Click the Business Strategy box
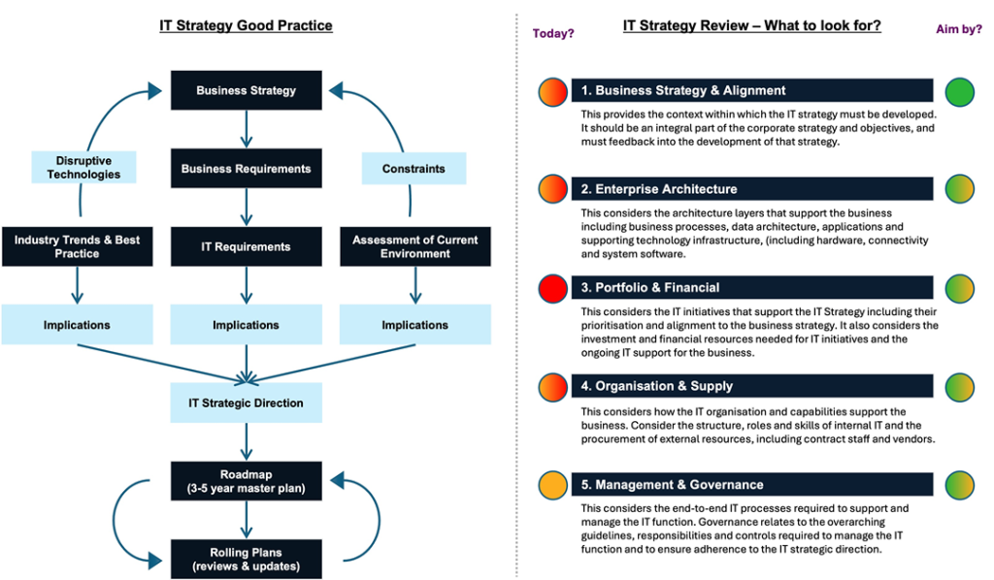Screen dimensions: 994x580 tap(246, 90)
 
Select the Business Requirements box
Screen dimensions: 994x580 tap(246, 169)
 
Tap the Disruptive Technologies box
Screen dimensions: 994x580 tap(83, 167)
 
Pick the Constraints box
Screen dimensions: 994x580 tap(414, 169)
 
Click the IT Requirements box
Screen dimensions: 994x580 tap(246, 246)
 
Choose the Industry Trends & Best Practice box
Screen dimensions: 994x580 tap(78, 246)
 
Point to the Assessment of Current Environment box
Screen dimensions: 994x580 tap(415, 246)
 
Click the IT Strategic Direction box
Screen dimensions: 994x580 tap(246, 403)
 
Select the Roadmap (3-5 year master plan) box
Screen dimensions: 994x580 tap(246, 481)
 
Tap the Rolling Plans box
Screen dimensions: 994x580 tap(246, 559)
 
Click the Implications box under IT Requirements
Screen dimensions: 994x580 tap(246, 324)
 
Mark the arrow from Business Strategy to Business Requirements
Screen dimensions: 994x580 tap(246, 129)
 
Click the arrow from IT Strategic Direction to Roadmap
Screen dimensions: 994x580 tap(246, 442)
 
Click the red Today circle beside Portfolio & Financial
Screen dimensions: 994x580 tap(552, 289)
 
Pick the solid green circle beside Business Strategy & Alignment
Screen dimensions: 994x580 tap(960, 92)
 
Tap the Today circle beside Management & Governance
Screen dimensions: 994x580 tap(552, 486)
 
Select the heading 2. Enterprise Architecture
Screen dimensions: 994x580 tap(659, 189)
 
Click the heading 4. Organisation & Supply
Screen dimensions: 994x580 tap(657, 386)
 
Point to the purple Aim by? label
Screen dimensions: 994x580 tap(959, 28)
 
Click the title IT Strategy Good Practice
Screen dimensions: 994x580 tap(246, 25)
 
